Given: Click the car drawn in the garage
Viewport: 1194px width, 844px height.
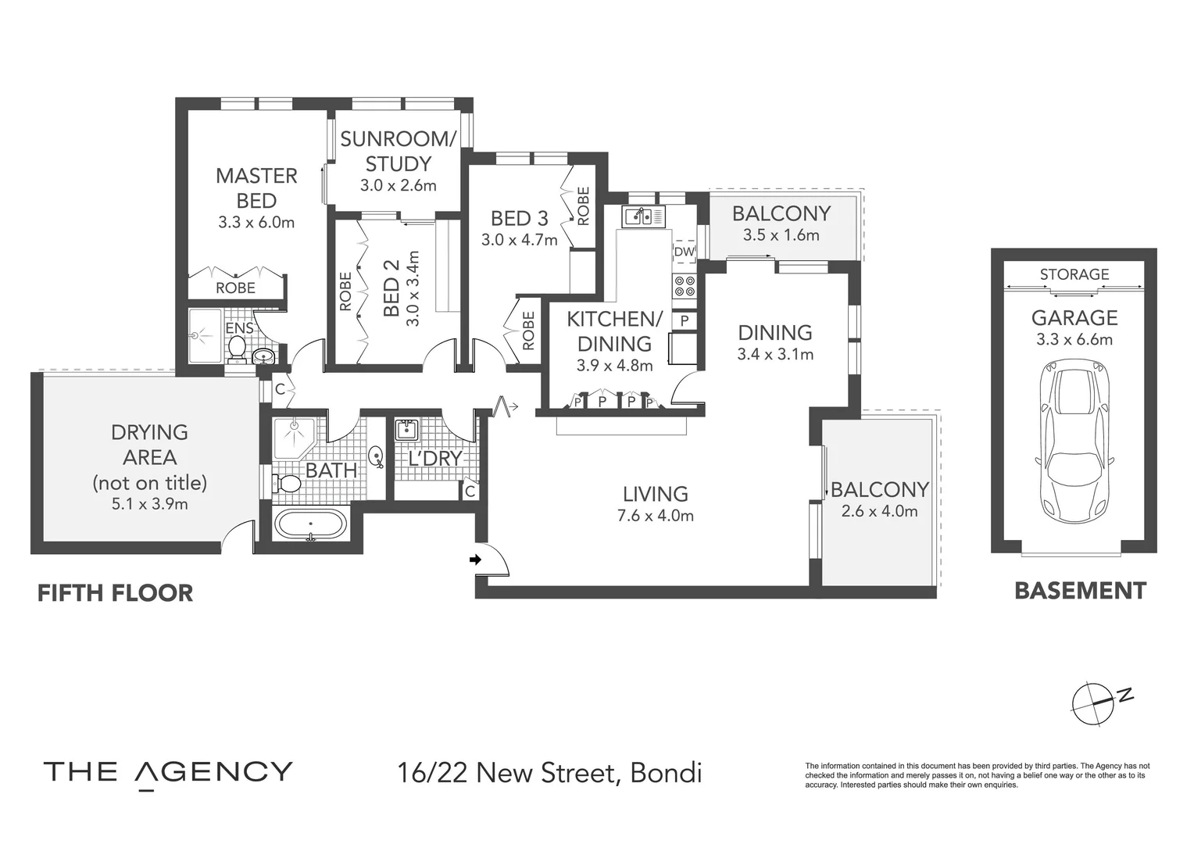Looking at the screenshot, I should (1074, 443).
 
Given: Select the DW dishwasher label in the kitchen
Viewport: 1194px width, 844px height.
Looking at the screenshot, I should (684, 252).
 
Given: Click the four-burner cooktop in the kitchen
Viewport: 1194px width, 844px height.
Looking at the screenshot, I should (685, 287).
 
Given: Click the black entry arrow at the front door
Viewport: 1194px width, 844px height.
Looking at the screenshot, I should (474, 560).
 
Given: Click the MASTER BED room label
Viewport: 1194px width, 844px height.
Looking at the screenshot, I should (256, 188).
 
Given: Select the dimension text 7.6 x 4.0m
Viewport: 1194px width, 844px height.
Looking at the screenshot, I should (655, 516).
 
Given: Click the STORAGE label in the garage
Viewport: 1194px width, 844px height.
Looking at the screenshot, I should (1074, 274).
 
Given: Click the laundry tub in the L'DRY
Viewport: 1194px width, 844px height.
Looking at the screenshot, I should (407, 430).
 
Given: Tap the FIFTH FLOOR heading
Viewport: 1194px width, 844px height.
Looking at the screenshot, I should (116, 593).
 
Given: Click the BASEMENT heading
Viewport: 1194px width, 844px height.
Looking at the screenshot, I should (1080, 591).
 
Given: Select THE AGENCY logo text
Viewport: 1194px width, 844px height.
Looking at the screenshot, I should (168, 773).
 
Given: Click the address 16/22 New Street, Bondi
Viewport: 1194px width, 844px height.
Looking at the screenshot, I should (549, 774).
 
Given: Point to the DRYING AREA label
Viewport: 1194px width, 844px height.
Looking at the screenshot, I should (149, 445).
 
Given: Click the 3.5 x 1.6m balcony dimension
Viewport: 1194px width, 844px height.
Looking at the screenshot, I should (781, 235).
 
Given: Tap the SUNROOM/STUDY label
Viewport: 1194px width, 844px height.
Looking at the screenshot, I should (398, 152).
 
